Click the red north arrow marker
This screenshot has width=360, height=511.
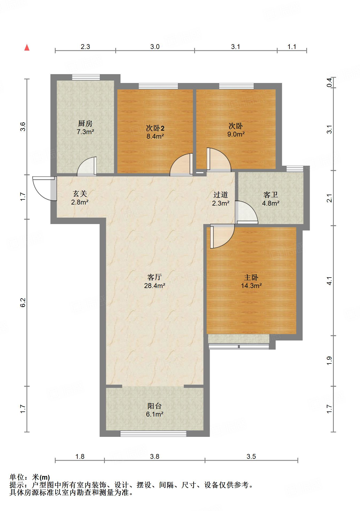click(27, 48)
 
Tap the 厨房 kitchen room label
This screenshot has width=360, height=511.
click(85, 123)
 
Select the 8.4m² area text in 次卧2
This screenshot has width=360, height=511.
click(155, 136)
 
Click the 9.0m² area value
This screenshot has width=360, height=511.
click(236, 134)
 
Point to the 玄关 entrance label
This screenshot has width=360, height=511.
click(80, 193)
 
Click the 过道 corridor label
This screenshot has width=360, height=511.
click(220, 195)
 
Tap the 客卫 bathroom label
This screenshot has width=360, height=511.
click(270, 195)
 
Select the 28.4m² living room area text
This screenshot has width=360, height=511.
click(155, 286)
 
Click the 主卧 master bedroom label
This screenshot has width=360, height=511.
click(251, 277)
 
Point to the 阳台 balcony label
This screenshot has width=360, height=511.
click(155, 406)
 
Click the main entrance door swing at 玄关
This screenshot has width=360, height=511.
click(43, 189)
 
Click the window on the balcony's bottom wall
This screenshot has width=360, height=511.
click(153, 434)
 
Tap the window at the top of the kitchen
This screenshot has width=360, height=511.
click(86, 77)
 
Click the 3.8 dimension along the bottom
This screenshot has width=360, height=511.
click(155, 456)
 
